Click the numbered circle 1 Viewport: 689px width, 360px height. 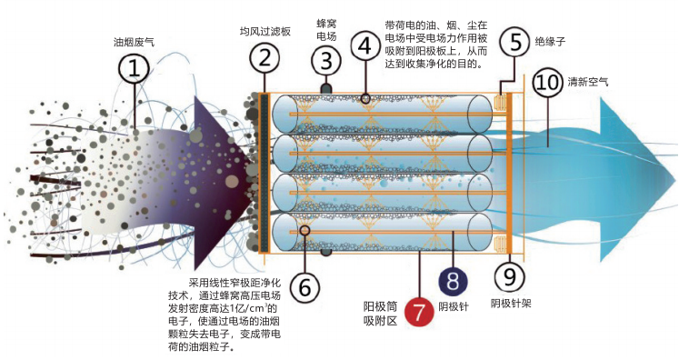coord(134,67)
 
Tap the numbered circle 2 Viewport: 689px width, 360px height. coord(265,60)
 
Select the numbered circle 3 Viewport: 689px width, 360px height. coord(325,62)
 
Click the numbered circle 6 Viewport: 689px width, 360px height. coord(304,287)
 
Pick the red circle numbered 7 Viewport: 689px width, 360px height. coord(420,312)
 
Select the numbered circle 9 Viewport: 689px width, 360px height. coord(508,275)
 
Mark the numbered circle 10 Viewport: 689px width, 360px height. coord(547,84)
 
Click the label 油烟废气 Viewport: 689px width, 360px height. coord(132,42)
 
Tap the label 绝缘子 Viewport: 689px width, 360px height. coord(552,42)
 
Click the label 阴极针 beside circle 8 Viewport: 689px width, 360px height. coord(453,306)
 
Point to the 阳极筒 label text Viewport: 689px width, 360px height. coord(379,305)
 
